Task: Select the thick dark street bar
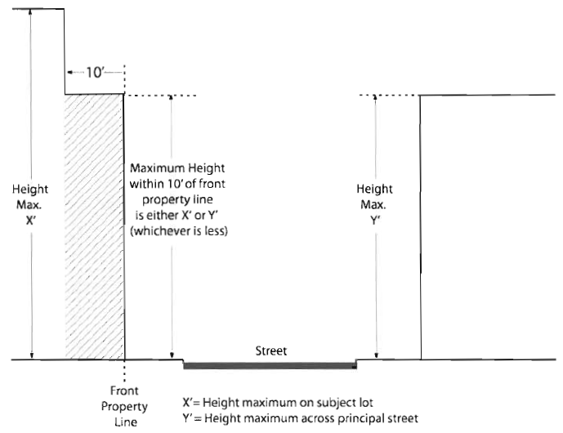(270, 364)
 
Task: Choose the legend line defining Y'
(300, 418)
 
